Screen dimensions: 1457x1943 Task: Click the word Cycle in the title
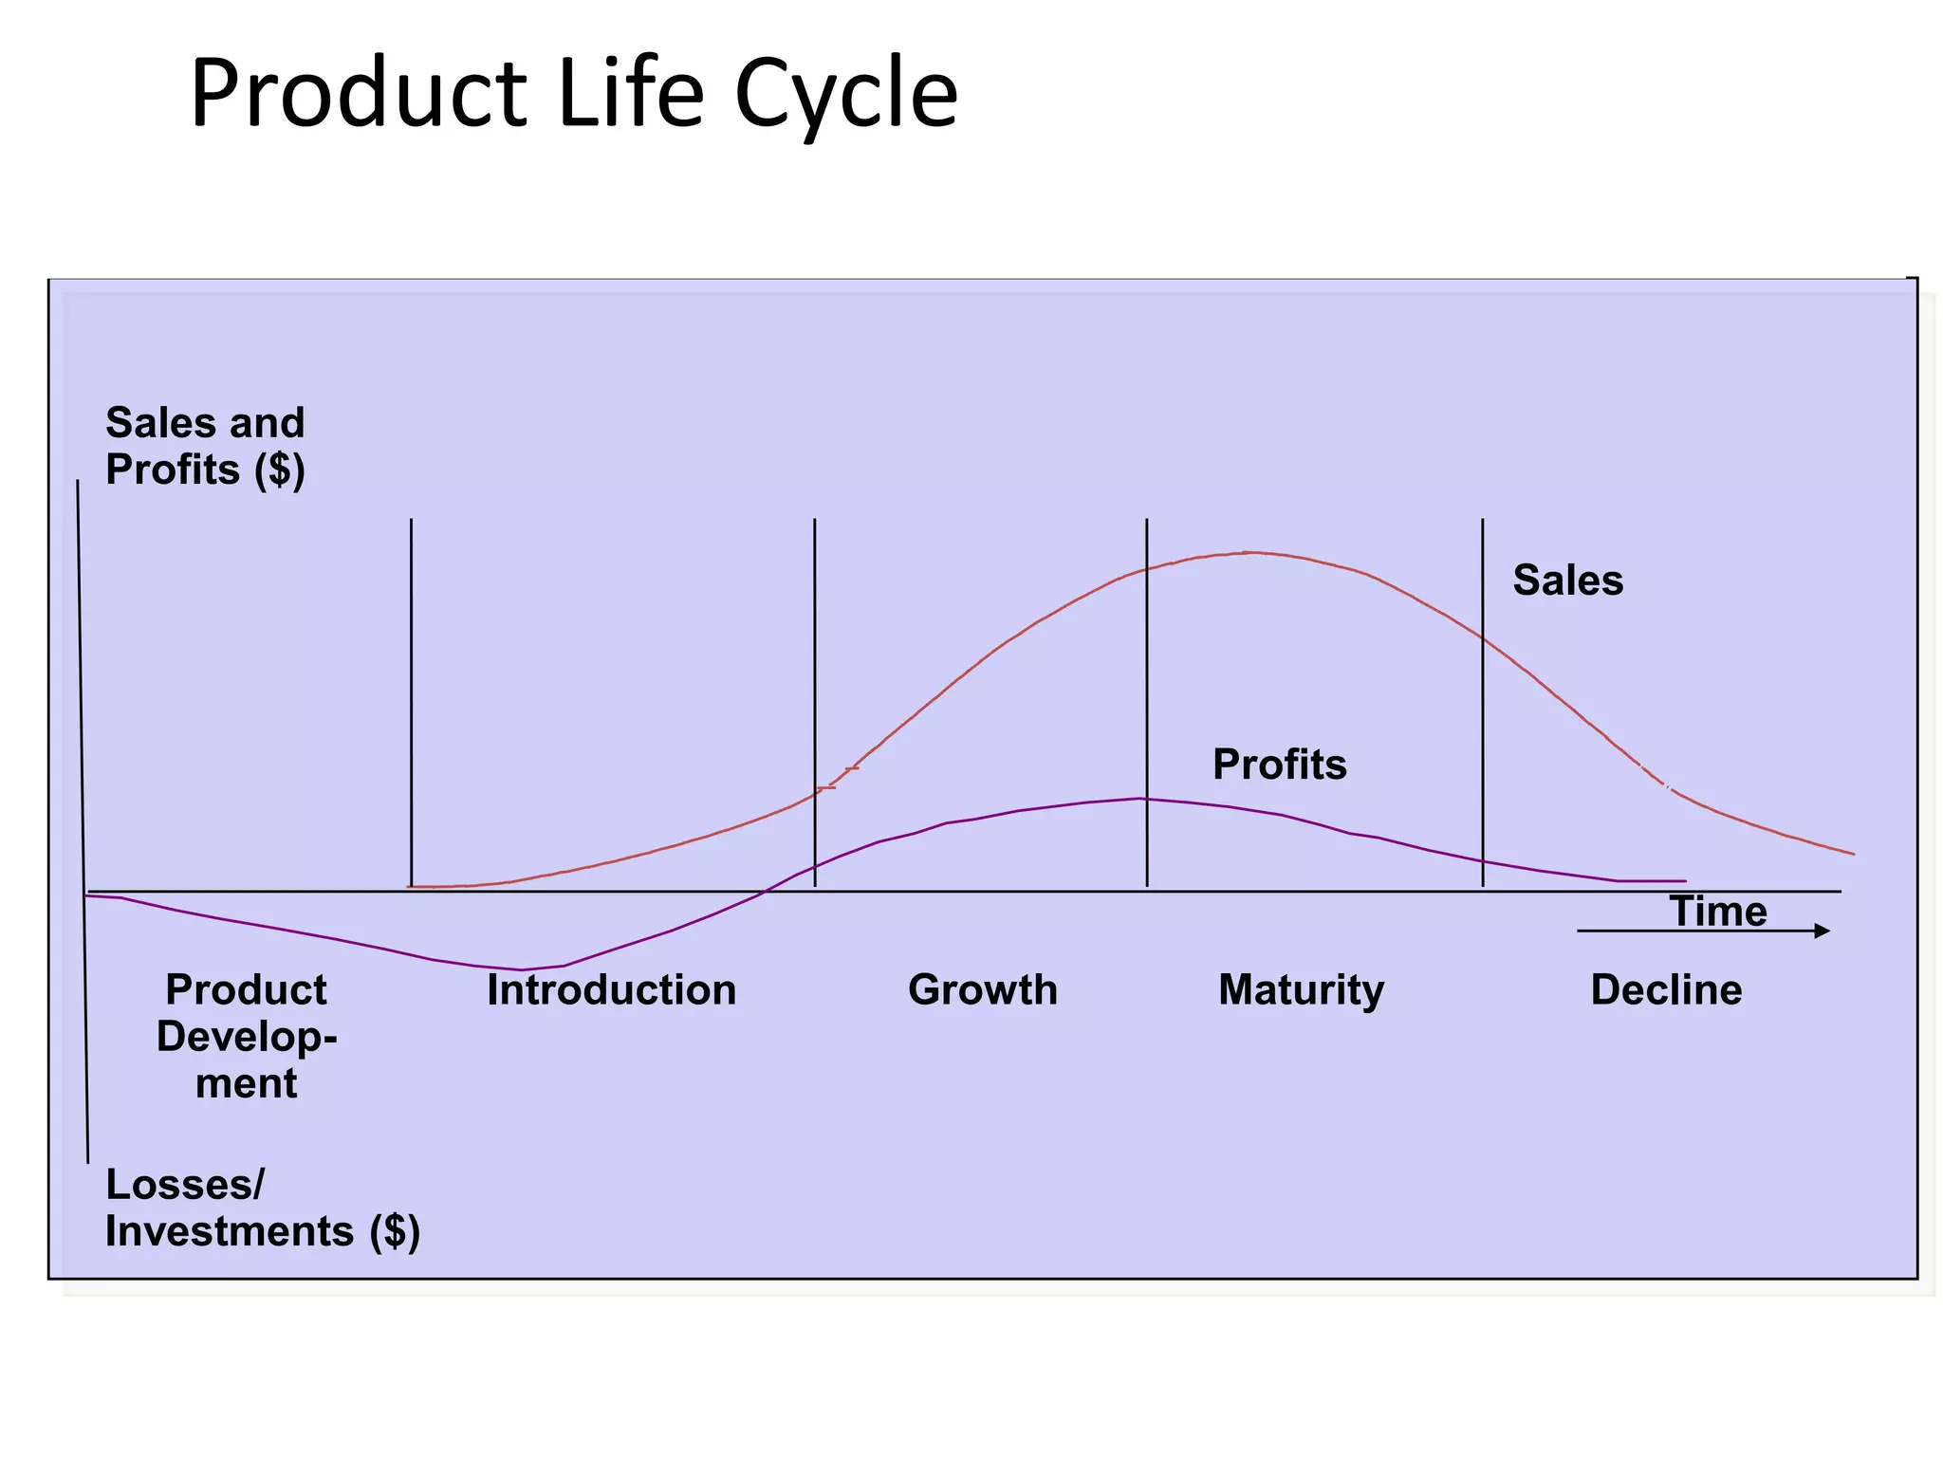click(845, 95)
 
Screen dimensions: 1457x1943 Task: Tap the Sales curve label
click(1567, 580)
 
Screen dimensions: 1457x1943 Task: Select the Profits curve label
click(1279, 764)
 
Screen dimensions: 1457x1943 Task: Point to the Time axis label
click(1717, 911)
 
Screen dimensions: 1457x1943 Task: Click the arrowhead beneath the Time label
click(1821, 931)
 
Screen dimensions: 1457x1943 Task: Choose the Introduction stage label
click(611, 989)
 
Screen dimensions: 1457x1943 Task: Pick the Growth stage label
click(982, 989)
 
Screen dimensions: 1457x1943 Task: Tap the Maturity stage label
click(1301, 989)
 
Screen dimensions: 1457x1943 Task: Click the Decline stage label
click(1666, 989)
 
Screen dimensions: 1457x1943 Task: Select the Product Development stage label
click(246, 1036)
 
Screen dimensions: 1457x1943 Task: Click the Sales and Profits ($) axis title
click(205, 446)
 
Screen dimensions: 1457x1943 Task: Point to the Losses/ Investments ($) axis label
click(262, 1208)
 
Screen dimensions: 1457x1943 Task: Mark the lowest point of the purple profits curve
click(521, 969)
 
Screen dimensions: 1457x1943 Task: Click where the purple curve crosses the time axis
click(765, 891)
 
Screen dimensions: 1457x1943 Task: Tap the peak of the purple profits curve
click(1141, 799)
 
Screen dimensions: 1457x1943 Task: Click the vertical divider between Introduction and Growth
click(815, 702)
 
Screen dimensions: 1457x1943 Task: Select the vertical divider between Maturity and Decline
click(1482, 702)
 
